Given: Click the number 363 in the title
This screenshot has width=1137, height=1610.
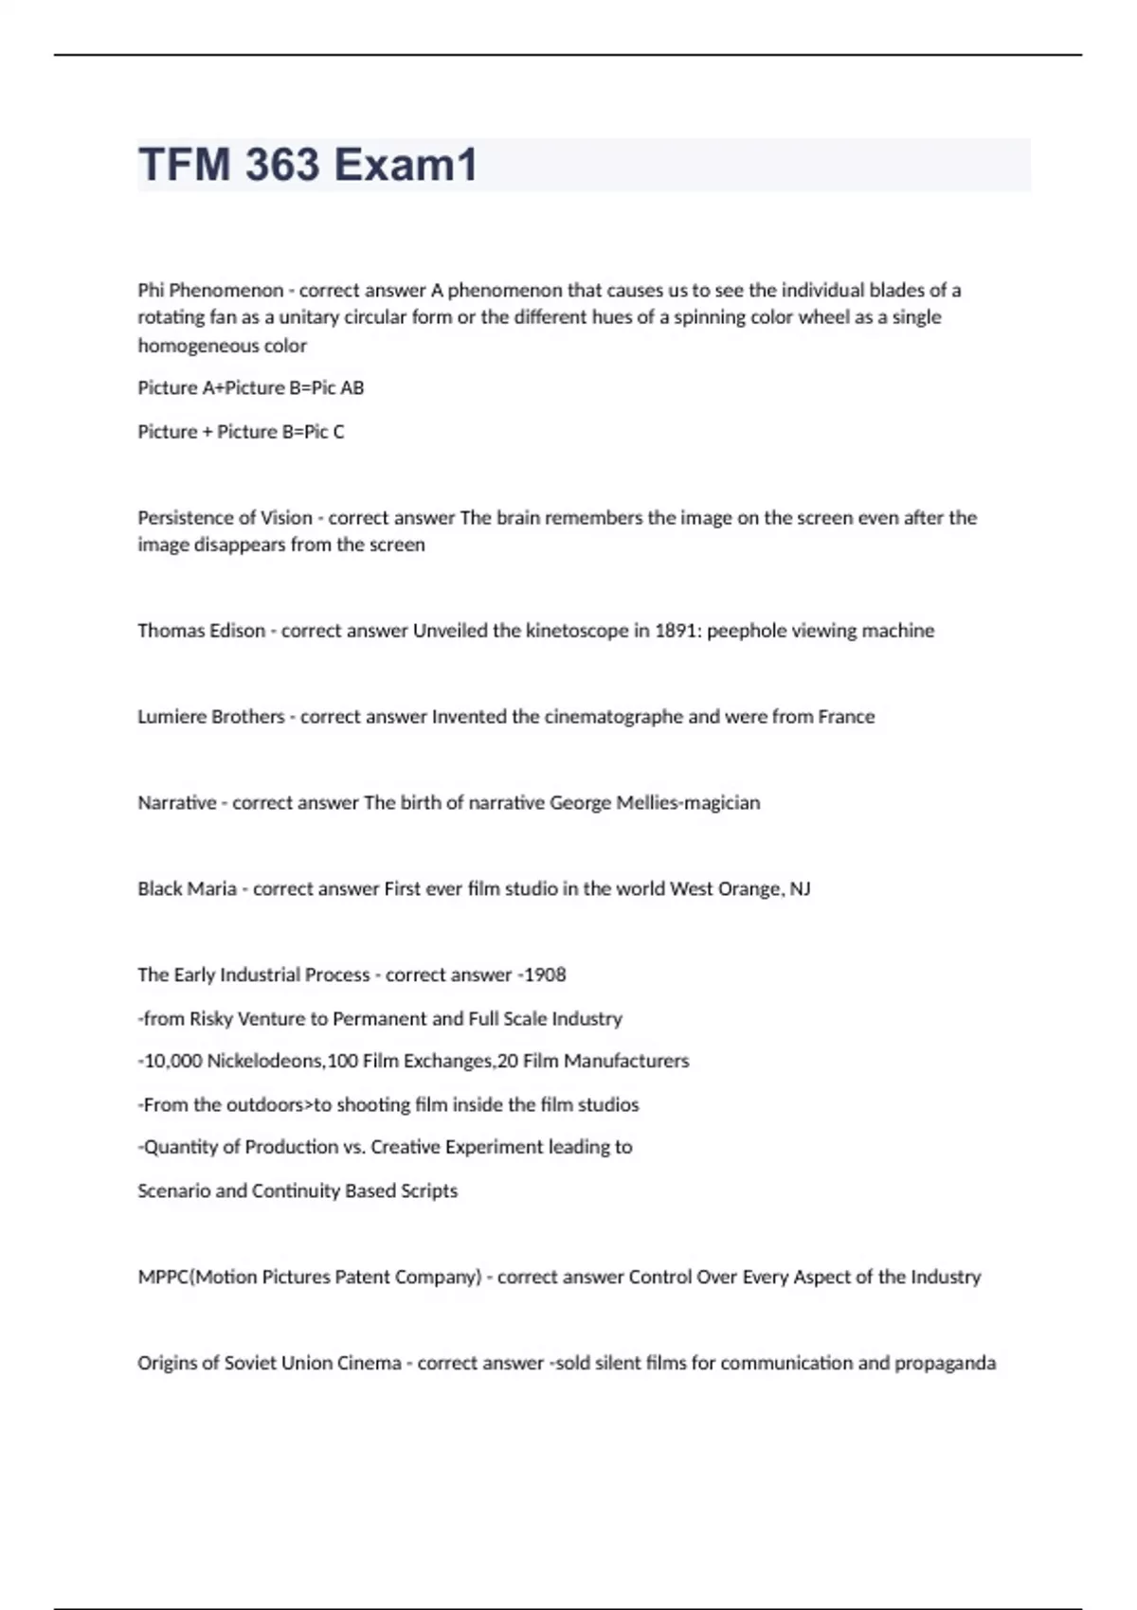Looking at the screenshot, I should click(x=282, y=165).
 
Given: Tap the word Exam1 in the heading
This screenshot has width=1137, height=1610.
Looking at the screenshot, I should click(x=406, y=165).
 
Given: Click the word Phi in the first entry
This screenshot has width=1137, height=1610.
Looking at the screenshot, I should click(x=151, y=290).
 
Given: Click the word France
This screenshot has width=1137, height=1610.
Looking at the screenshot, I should click(x=846, y=717).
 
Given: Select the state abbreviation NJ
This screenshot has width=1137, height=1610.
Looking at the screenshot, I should click(x=800, y=889).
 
